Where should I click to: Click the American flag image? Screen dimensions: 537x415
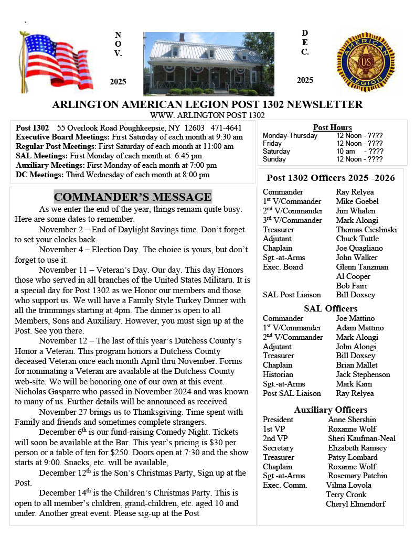tap(56, 62)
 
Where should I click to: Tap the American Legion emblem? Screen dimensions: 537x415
tap(365, 62)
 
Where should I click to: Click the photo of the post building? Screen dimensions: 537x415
tap(209, 63)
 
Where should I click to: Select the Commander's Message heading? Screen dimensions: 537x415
tap(133, 197)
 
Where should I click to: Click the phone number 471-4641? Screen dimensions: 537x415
tap(226, 128)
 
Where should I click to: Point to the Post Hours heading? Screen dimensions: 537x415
tap(332, 127)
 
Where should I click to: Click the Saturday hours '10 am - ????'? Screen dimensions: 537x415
tap(359, 151)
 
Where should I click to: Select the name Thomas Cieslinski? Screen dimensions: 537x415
tap(366, 230)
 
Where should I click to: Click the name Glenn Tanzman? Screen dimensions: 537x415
tap(362, 267)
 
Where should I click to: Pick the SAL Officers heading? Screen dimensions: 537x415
tap(331, 308)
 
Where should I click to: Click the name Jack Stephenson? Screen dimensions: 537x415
tap(363, 374)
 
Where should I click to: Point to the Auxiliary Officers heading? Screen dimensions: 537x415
tap(331, 410)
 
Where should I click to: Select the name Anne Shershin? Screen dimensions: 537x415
tap(352, 420)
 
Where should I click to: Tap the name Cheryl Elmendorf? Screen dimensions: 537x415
tap(355, 504)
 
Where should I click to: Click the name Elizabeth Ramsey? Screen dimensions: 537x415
tap(357, 448)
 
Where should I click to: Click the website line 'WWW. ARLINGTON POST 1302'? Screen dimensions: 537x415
tap(207, 115)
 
